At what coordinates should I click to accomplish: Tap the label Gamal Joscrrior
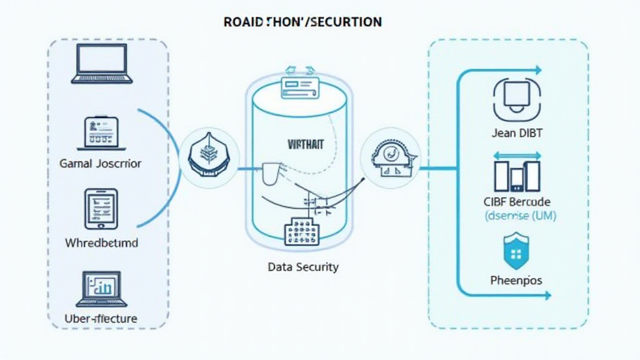point(101,164)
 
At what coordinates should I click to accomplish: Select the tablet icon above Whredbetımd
point(101,209)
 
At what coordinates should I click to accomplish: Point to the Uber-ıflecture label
point(101,319)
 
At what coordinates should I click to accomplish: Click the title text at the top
point(302,22)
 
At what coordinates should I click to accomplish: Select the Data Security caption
point(302,267)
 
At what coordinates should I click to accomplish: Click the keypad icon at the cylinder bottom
point(301,232)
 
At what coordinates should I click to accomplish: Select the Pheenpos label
point(516,281)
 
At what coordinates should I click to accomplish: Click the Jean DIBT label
point(517,132)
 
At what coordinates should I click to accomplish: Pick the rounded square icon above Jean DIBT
point(516,99)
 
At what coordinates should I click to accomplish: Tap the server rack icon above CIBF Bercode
point(516,174)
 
